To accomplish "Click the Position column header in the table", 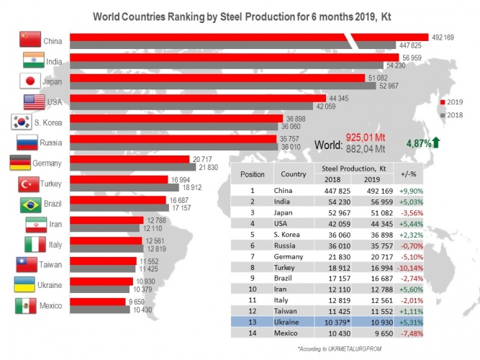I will (253, 174).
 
